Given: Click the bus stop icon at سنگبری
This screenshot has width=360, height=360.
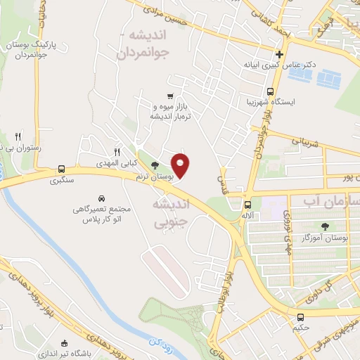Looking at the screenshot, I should coord(62,169).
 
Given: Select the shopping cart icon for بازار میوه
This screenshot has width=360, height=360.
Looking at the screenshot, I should coord(170,96).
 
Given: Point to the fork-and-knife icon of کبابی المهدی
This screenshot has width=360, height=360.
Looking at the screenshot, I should coord(117,150).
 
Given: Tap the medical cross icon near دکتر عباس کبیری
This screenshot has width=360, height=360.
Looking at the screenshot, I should coord(280,55).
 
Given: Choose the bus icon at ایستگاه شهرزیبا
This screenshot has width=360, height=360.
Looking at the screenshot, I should coord(271,91).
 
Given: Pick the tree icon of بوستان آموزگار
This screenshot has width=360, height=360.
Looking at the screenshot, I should coord(325,227).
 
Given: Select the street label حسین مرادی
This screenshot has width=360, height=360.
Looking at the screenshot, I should coord(161,12).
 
